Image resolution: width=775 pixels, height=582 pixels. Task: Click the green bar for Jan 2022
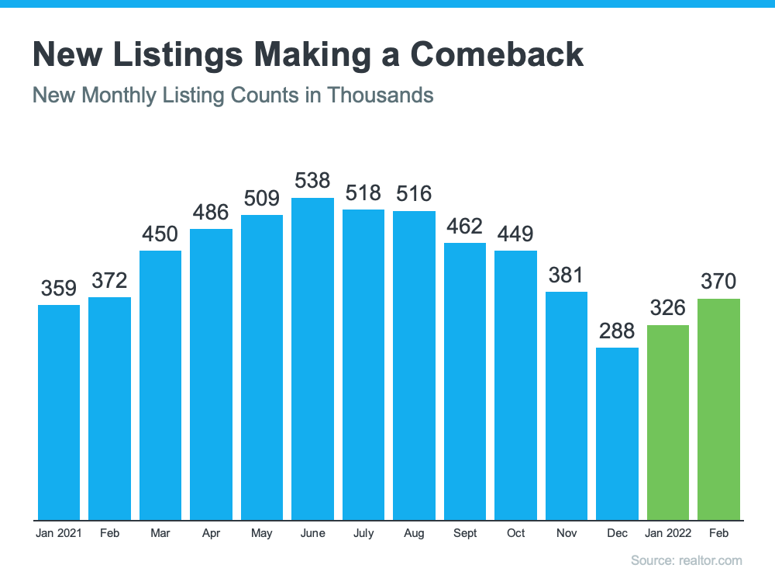click(668, 422)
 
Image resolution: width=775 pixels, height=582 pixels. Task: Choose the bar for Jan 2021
click(59, 412)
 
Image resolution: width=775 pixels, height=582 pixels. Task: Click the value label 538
click(312, 182)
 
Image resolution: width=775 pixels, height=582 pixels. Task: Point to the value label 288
click(617, 331)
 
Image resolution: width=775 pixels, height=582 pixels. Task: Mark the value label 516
click(414, 193)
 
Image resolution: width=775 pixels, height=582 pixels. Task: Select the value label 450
click(160, 234)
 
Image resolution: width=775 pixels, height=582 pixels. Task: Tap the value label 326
click(668, 308)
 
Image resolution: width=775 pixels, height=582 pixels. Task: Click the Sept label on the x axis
click(465, 533)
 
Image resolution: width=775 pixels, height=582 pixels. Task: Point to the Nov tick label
click(566, 533)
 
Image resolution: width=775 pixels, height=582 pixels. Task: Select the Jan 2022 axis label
click(668, 533)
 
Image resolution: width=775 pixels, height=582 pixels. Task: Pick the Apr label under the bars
click(211, 533)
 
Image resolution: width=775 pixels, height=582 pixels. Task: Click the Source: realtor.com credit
click(686, 560)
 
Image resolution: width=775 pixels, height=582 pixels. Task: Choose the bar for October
click(515, 385)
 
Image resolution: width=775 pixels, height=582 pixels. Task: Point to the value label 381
click(566, 275)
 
